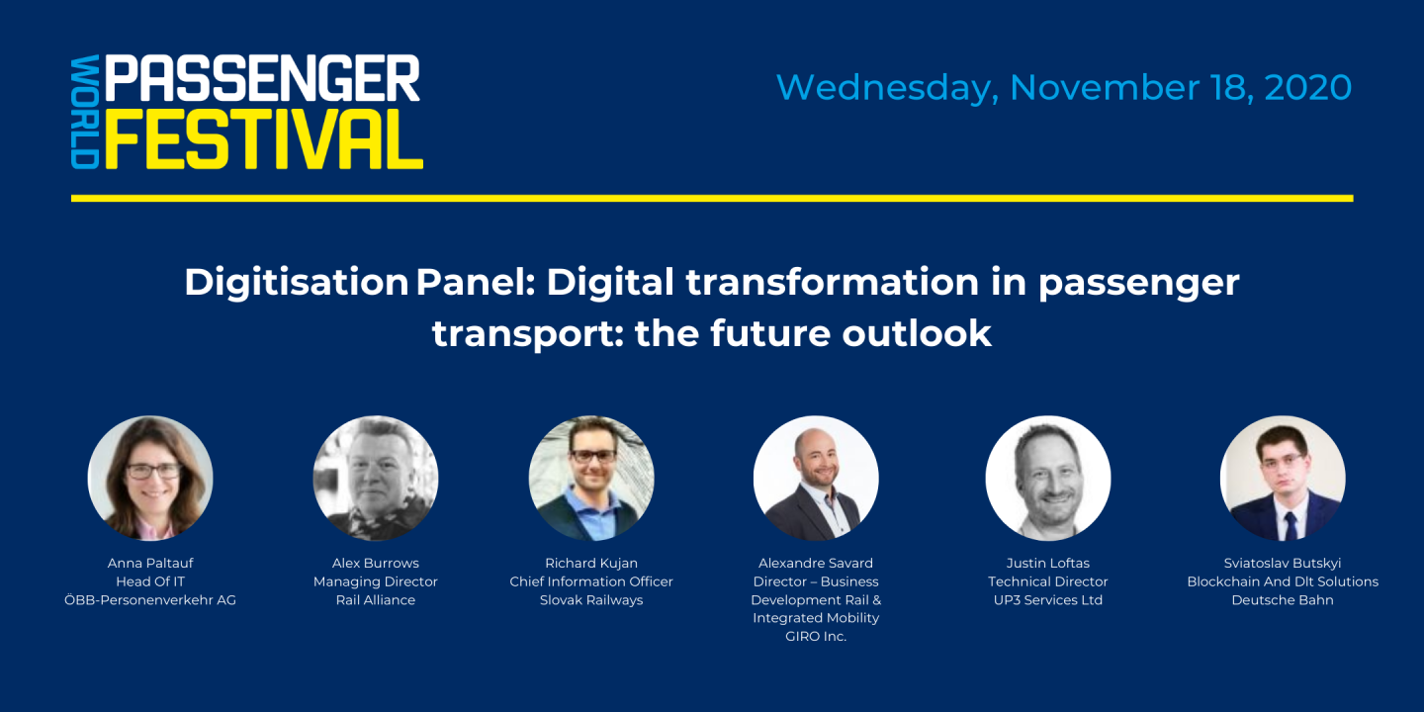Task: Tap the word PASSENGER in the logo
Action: [x=263, y=79]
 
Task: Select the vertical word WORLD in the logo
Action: [x=85, y=112]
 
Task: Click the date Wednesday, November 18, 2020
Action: [x=1063, y=88]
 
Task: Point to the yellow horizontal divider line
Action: [x=712, y=198]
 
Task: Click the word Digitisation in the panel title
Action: [x=296, y=283]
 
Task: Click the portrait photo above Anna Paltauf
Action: [x=150, y=478]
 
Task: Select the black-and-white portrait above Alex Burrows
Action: [x=376, y=478]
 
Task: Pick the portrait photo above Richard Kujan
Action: [x=591, y=478]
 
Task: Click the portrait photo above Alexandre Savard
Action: [x=816, y=478]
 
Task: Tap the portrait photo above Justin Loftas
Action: [x=1048, y=478]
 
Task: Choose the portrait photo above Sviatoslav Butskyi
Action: [x=1283, y=478]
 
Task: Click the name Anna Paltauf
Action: [x=150, y=563]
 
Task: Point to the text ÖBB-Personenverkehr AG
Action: [x=150, y=600]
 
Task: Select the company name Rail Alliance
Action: [x=376, y=600]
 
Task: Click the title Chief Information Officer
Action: [x=591, y=581]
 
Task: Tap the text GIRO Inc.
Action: [x=816, y=637]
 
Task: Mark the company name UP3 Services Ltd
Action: [x=1048, y=600]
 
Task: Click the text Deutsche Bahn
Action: [x=1283, y=600]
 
